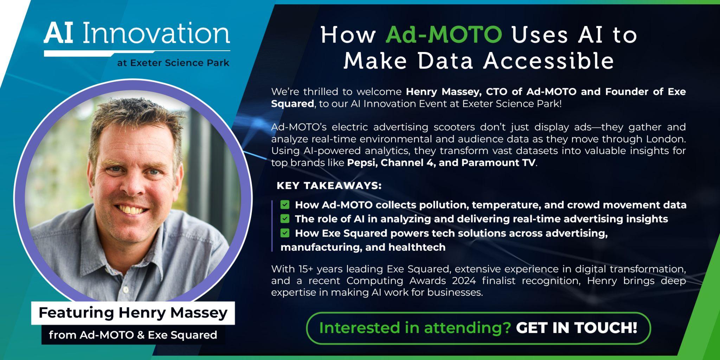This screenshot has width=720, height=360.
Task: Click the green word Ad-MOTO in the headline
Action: point(444,35)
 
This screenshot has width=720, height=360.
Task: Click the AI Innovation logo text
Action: point(137,33)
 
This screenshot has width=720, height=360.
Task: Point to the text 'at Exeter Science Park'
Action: point(173,63)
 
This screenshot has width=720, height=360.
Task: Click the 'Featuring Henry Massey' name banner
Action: point(133,313)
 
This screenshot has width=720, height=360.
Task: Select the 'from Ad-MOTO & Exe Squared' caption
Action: point(133,335)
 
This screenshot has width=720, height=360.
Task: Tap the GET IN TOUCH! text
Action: point(577,328)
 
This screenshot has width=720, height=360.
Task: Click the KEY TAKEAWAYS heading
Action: point(329,186)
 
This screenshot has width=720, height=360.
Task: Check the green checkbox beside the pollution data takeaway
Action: point(285,205)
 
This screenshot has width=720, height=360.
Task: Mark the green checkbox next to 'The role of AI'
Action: point(285,219)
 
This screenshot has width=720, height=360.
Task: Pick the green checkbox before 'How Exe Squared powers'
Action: point(285,233)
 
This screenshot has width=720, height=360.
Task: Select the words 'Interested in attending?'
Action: point(415,328)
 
